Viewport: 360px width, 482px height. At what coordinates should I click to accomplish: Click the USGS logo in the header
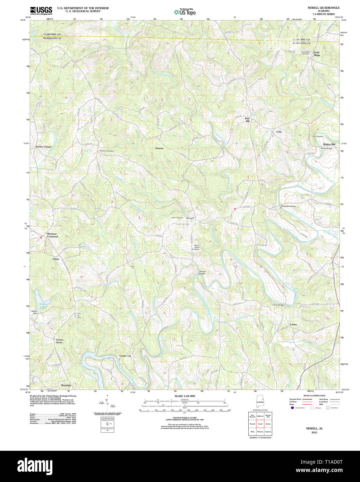[x=41, y=10]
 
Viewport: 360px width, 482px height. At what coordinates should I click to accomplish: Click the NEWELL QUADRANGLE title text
[x=323, y=8]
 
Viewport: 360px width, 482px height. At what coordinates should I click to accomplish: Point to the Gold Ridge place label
[x=317, y=54]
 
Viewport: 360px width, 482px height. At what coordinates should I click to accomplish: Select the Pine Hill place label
[x=247, y=120]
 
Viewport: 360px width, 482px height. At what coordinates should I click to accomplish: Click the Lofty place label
[x=279, y=132]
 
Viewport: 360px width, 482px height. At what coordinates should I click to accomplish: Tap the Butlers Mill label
[x=329, y=144]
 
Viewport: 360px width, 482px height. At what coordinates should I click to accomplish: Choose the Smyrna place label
[x=159, y=148]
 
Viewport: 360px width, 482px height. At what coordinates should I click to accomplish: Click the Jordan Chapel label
[x=43, y=147]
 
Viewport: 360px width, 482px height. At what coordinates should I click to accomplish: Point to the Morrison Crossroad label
[x=52, y=235]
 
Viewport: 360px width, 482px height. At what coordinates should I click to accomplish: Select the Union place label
[x=56, y=259]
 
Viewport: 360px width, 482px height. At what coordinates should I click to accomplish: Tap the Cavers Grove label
[x=60, y=341]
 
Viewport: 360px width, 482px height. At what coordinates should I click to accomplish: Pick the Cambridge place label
[x=125, y=356]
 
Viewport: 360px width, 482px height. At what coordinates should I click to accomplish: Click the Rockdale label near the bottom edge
[x=66, y=385]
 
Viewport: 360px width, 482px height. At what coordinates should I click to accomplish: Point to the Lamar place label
[x=293, y=325]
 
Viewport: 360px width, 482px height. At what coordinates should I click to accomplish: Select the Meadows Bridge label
[x=289, y=206]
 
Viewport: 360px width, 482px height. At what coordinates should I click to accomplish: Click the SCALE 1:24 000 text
[x=185, y=396]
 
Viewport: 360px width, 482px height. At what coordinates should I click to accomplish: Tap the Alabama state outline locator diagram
[x=260, y=402]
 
